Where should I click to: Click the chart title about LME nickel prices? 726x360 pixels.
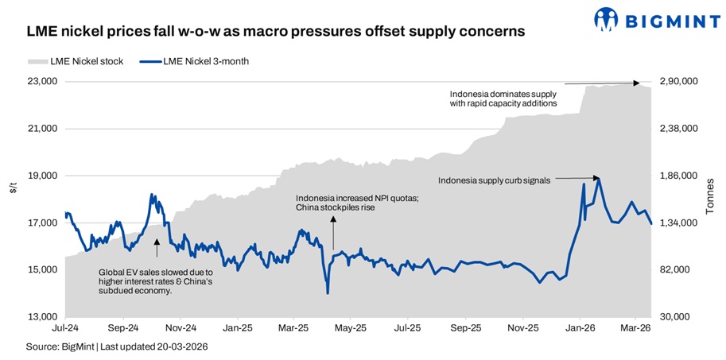pyautogui.click(x=275, y=33)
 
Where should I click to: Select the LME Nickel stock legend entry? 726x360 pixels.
pyautogui.click(x=75, y=61)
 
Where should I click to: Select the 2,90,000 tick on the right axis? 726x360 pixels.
pyautogui.click(x=680, y=82)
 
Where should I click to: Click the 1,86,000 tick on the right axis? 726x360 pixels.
pyautogui.click(x=680, y=176)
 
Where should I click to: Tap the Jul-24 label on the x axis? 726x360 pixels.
pyautogui.click(x=65, y=327)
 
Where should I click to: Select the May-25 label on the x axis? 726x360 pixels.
pyautogui.click(x=351, y=327)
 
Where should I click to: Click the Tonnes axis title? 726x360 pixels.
pyautogui.click(x=710, y=199)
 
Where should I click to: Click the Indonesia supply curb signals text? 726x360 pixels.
pyautogui.click(x=494, y=180)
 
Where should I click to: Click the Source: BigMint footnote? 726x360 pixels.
pyautogui.click(x=111, y=346)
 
